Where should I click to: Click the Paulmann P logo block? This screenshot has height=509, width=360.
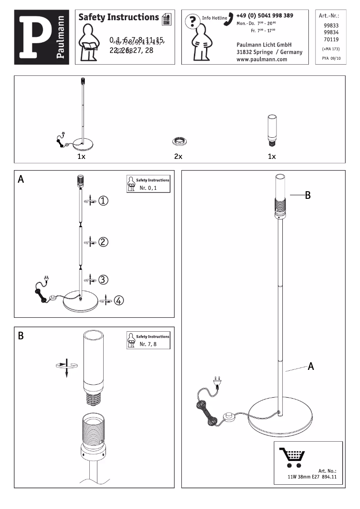pyautogui.click(x=41, y=37)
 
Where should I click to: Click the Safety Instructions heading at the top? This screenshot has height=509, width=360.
pyautogui.click(x=119, y=18)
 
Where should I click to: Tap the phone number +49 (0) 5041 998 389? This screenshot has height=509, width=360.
pyautogui.click(x=264, y=16)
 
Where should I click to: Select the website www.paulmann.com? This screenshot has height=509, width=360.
pyautogui.click(x=262, y=59)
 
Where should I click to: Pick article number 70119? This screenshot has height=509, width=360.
pyautogui.click(x=331, y=39)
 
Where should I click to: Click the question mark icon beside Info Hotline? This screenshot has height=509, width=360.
pyautogui.click(x=193, y=21)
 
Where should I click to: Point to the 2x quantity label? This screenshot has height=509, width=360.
pyautogui.click(x=178, y=157)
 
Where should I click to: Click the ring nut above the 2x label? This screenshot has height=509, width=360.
pyautogui.click(x=179, y=142)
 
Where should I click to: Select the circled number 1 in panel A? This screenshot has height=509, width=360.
pyautogui.click(x=103, y=201)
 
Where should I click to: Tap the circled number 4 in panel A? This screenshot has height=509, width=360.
pyautogui.click(x=119, y=300)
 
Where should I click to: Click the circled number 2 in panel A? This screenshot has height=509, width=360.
pyautogui.click(x=103, y=242)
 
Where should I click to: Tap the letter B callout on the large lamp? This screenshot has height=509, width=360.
pyautogui.click(x=308, y=195)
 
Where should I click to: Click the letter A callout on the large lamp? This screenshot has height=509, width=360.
pyautogui.click(x=311, y=367)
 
